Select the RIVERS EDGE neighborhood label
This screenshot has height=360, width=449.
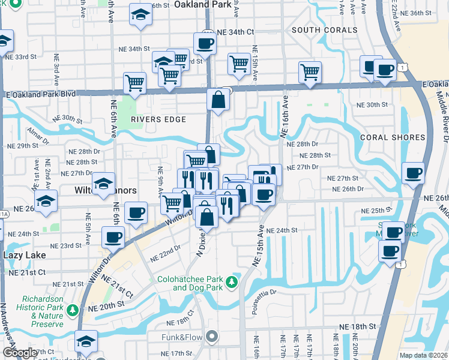point(158,119)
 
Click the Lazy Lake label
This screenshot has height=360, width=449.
point(25,255)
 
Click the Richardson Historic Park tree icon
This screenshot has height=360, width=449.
point(73,310)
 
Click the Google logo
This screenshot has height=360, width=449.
point(20,353)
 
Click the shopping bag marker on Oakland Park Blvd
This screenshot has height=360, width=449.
point(218,100)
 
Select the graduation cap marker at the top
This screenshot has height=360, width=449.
point(140,14)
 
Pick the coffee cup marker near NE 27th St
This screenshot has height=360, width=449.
point(413,173)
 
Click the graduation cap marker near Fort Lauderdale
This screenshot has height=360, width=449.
point(86,341)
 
